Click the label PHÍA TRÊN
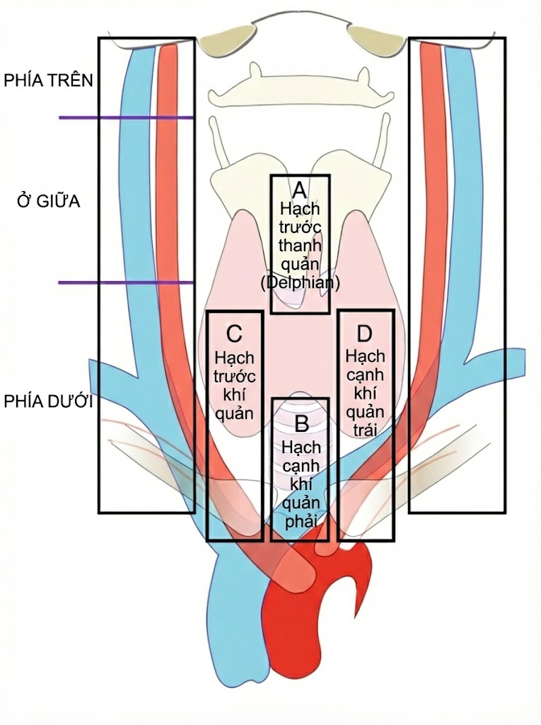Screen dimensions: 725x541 tap(48, 79)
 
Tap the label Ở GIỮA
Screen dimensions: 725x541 tap(48, 202)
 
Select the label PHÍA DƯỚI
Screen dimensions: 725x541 tap(48, 401)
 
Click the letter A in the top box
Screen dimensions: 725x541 tap(299, 190)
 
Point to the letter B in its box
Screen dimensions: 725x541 tap(301, 424)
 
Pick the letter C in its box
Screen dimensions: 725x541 tap(234, 333)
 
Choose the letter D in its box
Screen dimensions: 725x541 tap(365, 333)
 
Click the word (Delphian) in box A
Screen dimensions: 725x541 tap(300, 282)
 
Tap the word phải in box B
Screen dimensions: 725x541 tap(301, 520)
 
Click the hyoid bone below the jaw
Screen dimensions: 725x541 tap(300, 84)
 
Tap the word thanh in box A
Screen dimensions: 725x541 tap(300, 245)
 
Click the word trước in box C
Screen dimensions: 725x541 tap(234, 375)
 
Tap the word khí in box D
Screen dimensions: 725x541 tap(366, 394)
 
